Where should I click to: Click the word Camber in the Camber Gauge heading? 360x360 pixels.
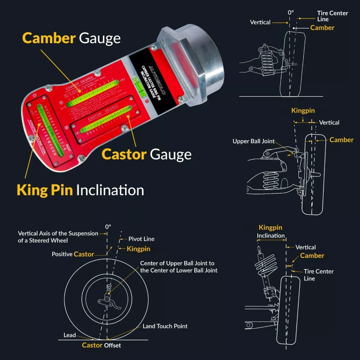(x=49, y=38)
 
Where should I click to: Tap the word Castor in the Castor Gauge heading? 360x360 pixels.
(x=124, y=154)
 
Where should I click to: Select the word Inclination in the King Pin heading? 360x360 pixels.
(x=110, y=190)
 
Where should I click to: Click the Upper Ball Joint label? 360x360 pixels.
(x=253, y=141)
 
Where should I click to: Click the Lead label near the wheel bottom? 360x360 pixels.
(x=70, y=335)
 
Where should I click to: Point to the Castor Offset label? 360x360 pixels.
(x=101, y=345)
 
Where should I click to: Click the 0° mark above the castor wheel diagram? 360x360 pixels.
(x=108, y=227)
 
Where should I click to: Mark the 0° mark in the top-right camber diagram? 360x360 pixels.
(x=290, y=13)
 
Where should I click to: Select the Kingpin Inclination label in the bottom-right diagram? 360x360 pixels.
(x=270, y=232)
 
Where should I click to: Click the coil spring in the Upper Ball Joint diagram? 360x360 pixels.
(x=270, y=180)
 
